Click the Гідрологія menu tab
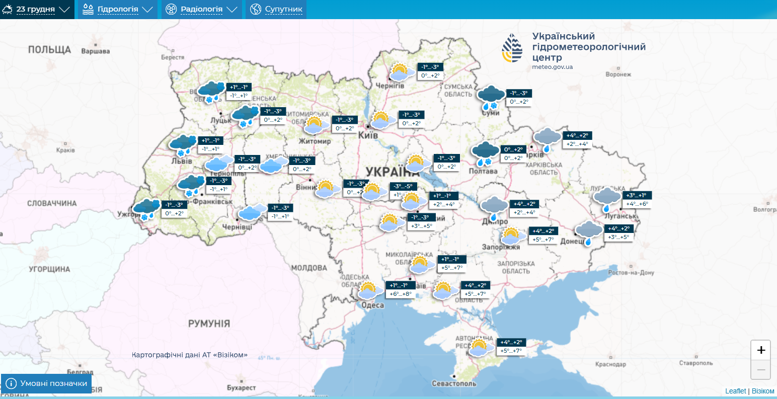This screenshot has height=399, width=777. tap(117, 9)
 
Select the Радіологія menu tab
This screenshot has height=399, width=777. tap(201, 9)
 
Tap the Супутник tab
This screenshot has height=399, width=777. tap(276, 9)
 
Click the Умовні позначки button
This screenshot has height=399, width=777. tap(46, 383)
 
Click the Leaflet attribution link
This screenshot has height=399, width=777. tap(735, 391)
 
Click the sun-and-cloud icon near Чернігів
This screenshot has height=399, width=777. tap(400, 72)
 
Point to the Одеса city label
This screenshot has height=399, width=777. tap(372, 305)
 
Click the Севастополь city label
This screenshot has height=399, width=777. tap(454, 383)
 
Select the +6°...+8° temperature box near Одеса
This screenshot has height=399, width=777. tap(400, 294)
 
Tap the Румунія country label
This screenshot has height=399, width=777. tap(209, 323)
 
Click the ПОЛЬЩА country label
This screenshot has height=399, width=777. tap(49, 49)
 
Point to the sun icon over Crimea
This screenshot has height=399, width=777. tap(479, 347)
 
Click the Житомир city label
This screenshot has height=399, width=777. tap(315, 141)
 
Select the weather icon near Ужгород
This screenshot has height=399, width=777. tap(146, 209)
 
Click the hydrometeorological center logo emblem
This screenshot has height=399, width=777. tap(512, 48)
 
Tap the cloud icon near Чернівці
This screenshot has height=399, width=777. tap(252, 212)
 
